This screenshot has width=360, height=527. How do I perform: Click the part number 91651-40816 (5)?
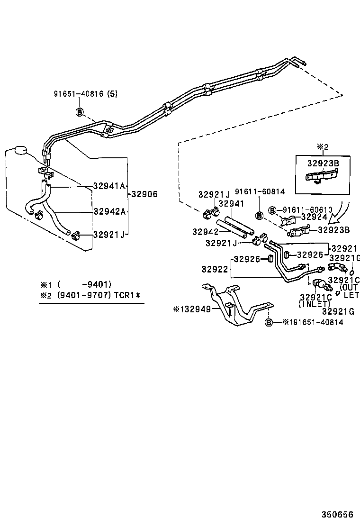85,94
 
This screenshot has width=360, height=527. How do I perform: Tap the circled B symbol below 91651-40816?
80,112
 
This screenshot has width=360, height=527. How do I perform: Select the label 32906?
144,194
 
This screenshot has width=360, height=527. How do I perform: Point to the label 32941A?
109,186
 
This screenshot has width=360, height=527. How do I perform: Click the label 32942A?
109,211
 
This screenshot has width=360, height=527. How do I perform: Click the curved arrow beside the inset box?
342,211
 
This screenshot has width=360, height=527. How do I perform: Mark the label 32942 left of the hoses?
206,232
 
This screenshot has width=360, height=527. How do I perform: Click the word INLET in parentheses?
315,304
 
